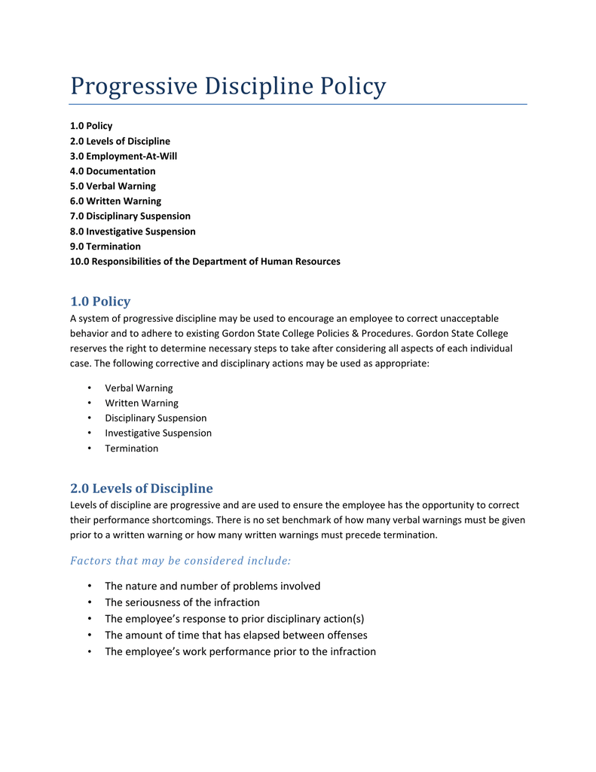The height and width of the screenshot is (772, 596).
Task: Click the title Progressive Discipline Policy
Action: coord(228,87)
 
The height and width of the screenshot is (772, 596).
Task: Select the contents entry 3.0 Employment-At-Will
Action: coord(124,156)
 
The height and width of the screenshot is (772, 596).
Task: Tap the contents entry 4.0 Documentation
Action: coord(112,171)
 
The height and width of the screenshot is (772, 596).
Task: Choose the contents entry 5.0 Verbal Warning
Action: coord(112,186)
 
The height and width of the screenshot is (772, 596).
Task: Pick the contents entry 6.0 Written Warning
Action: coord(115,201)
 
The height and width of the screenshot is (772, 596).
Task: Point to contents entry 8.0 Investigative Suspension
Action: coord(132,231)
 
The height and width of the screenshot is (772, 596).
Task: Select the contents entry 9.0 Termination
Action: coord(105,247)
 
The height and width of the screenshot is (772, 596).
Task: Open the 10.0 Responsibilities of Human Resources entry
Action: coord(204,262)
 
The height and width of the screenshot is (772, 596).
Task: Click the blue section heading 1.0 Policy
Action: coord(99,302)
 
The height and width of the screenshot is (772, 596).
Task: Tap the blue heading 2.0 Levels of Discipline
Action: coord(141,489)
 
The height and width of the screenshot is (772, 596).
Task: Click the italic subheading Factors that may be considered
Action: coord(180,560)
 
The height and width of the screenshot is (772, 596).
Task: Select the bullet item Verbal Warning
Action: coord(139,388)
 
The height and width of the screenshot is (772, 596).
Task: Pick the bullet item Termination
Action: coord(131,449)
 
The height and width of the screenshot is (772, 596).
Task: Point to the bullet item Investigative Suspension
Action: coord(158,433)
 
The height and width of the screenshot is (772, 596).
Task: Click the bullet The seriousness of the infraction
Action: coord(182,602)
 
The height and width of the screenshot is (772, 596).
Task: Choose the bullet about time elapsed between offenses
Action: coord(236,635)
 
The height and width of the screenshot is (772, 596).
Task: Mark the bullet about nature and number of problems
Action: coord(212,586)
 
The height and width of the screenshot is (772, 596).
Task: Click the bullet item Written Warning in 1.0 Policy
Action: coord(142,403)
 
